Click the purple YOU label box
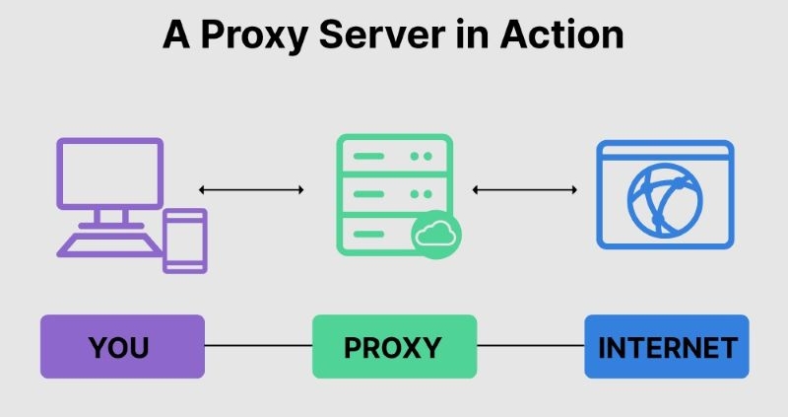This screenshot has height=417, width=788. [x=122, y=346]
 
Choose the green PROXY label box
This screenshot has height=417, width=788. [x=394, y=346]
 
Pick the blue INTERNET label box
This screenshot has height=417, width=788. [x=667, y=346]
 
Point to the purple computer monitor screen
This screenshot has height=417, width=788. [x=109, y=174]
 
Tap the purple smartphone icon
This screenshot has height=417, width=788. [x=184, y=240]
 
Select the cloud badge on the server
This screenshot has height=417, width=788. [x=434, y=236]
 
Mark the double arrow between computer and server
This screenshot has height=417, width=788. [x=250, y=189]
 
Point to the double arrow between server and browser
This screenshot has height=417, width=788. [x=524, y=189]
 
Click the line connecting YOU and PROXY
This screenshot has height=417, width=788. [x=258, y=346]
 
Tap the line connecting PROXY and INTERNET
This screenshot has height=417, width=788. [x=530, y=346]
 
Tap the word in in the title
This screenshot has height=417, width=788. [x=485, y=35]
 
